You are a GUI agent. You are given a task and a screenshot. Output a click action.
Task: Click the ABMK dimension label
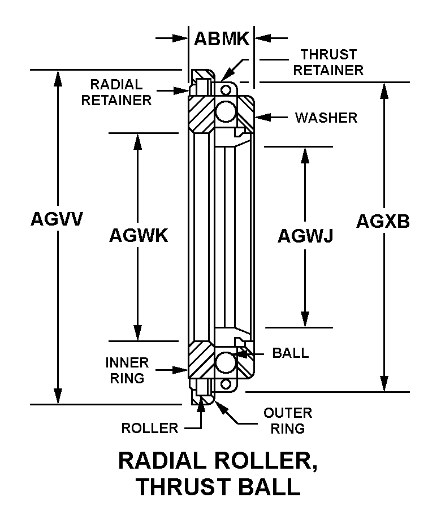point(221,38)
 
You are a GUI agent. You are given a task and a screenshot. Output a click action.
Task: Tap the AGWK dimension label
point(139,235)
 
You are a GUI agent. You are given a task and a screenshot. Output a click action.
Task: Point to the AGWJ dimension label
point(305,235)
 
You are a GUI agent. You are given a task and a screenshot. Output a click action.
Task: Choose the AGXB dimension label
point(383,221)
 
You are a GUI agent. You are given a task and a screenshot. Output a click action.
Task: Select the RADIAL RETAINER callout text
point(116,92)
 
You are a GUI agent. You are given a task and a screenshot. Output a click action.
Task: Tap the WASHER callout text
point(326,118)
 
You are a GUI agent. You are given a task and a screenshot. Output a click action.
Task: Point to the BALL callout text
point(291,353)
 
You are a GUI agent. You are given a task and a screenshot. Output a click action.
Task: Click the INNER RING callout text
point(127,370)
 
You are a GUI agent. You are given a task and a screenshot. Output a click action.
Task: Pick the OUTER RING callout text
point(287,421)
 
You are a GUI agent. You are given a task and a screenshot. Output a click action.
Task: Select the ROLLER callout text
point(149,428)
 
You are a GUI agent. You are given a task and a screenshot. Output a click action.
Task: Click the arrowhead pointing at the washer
point(261,118)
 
